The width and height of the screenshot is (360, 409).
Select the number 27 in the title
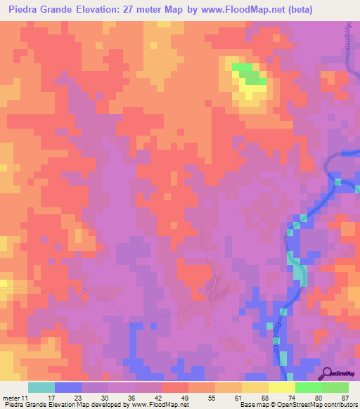pos(137,10)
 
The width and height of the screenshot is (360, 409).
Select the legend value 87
pos(345,396)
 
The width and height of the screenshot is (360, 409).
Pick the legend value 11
pos(27,396)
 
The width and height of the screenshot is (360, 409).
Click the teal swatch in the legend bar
pos(41,387)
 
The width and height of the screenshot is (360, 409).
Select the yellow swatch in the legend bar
pos(282,387)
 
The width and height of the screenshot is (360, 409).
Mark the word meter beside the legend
pos(11,396)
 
